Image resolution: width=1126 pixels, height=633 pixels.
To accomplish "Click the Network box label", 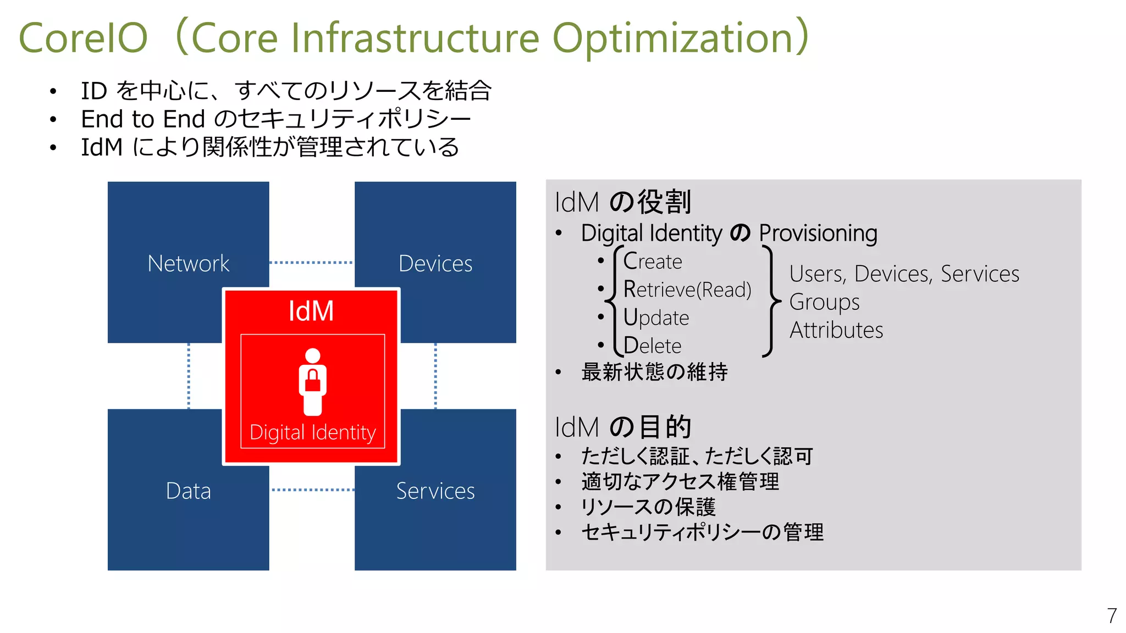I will click(x=188, y=264).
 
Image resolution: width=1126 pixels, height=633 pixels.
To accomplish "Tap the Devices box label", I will click(x=435, y=264).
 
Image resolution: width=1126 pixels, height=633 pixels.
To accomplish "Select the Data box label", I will click(x=188, y=491).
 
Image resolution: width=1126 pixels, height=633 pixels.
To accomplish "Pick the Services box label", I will click(x=435, y=491).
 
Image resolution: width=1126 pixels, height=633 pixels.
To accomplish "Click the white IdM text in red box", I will click(x=311, y=311).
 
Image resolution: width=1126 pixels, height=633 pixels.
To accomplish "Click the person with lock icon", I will click(x=312, y=381).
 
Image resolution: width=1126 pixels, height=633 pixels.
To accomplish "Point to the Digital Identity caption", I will click(x=312, y=432).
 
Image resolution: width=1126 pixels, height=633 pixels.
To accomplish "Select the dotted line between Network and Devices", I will click(x=311, y=263).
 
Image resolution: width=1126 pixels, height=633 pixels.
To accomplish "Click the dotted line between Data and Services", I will click(x=312, y=490).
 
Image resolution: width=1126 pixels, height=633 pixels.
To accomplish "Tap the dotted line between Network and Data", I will click(x=189, y=376).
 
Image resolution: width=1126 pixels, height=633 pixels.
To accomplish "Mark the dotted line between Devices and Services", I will click(x=435, y=376).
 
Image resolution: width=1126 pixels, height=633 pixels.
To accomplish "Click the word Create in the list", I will click(x=653, y=262).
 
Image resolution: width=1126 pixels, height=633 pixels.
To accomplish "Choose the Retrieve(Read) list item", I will click(x=687, y=290).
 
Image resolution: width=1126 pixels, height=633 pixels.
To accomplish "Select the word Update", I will click(x=656, y=318).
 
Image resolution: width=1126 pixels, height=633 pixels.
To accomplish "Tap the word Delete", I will click(x=652, y=346).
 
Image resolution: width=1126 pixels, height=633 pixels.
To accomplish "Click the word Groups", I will click(x=824, y=302).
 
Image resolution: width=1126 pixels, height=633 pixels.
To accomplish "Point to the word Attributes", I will click(x=836, y=330).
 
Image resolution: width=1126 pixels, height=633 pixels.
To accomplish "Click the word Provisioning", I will click(x=818, y=233).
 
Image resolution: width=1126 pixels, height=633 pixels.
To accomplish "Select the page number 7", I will click(x=1111, y=615).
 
